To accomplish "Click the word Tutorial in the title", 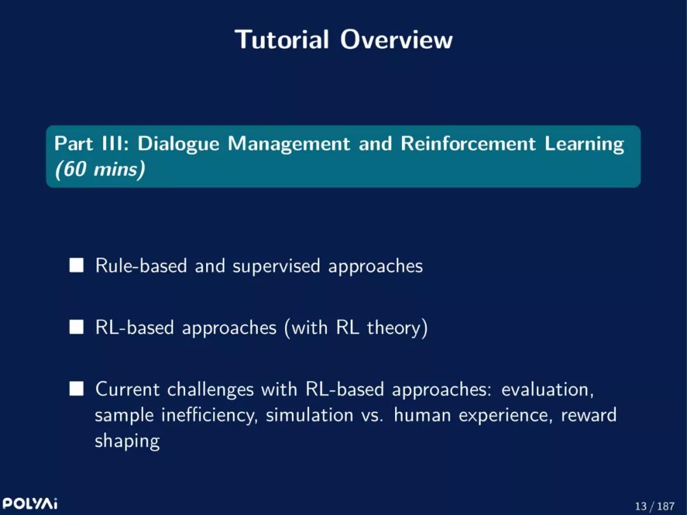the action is [282, 39].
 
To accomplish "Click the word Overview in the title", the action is [396, 39].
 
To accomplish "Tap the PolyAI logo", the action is [30, 503].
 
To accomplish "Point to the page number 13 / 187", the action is [655, 506].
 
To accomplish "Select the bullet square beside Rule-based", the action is [76, 265].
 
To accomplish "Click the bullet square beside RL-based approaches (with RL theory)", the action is [76, 327].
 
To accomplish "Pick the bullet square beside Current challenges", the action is [76, 389].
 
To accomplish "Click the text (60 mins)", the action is [100, 169].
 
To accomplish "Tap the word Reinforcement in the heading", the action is [468, 144].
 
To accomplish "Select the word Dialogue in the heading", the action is [178, 145].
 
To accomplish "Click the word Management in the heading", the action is [289, 145].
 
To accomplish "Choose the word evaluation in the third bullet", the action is [547, 389].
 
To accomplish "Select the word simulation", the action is [309, 414].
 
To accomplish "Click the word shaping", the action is [127, 441].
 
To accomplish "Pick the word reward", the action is [588, 414].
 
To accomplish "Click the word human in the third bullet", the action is [422, 414].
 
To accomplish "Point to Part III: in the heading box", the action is [92, 144].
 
